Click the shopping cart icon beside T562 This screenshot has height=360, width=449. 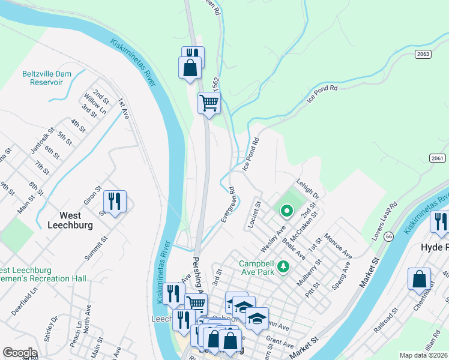pyautogui.click(x=209, y=103)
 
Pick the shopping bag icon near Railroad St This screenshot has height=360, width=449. pyautogui.click(x=419, y=279)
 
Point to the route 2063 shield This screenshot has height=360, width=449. pyautogui.click(x=423, y=55)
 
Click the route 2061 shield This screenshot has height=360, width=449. pyautogui.click(x=438, y=158)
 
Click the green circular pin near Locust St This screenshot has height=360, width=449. pyautogui.click(x=286, y=211)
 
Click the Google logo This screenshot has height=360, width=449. pyautogui.click(x=20, y=353)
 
